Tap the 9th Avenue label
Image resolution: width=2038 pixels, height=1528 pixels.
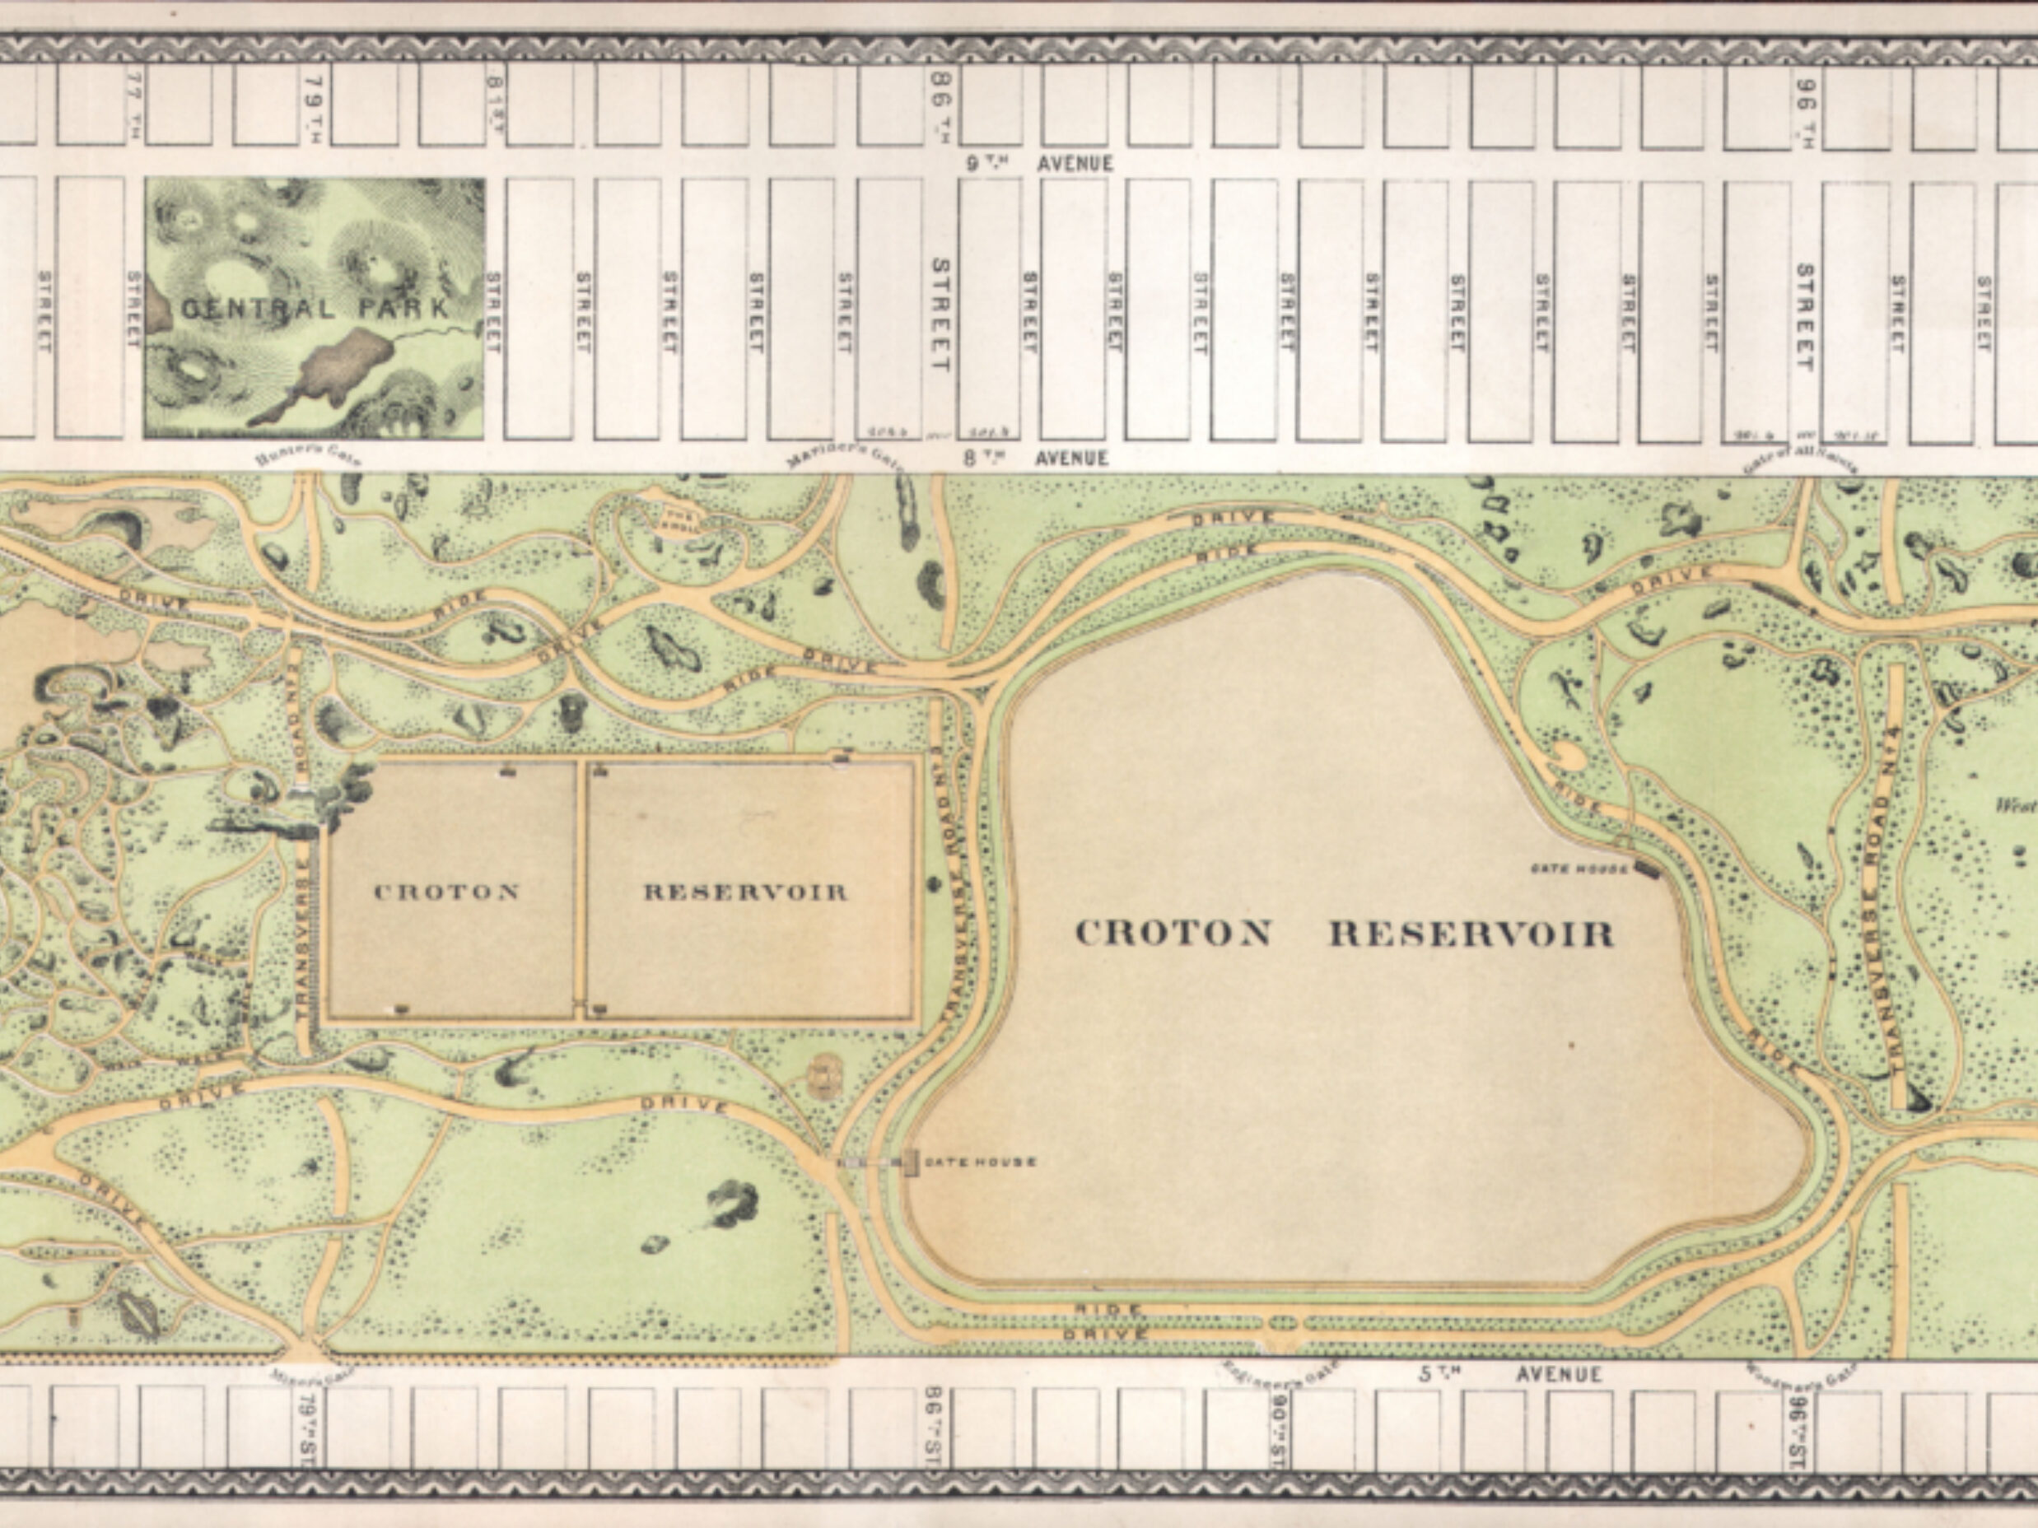click(1039, 164)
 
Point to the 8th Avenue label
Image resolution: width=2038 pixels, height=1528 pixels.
click(1038, 458)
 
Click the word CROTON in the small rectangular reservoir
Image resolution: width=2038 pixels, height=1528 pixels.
click(447, 892)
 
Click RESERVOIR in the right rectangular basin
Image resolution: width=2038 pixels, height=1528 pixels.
click(744, 892)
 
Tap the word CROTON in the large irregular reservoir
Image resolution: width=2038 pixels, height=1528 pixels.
click(1173, 934)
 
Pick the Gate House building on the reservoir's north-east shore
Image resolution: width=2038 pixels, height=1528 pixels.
click(1645, 868)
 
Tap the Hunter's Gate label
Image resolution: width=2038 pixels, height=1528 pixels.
click(309, 458)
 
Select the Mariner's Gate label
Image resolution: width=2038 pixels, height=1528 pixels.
click(845, 458)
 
